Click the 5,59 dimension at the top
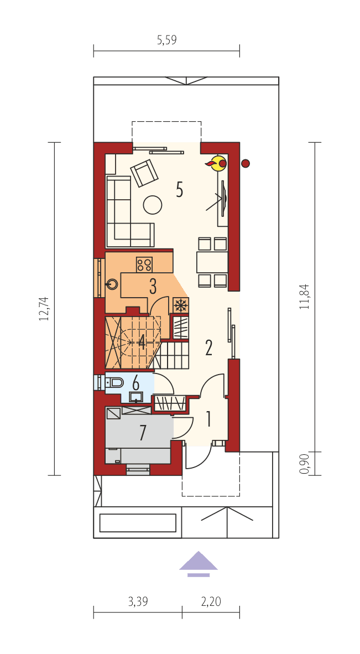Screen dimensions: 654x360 click(x=166, y=40)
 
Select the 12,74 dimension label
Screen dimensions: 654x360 click(x=44, y=309)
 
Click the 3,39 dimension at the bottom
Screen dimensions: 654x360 click(x=138, y=601)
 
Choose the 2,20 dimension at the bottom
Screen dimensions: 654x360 click(x=211, y=601)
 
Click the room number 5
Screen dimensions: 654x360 click(x=179, y=189)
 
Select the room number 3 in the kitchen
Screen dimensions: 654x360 click(x=153, y=286)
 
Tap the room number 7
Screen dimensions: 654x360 click(x=143, y=433)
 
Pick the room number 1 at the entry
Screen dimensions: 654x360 click(x=208, y=419)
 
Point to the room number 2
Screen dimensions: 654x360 click(x=208, y=347)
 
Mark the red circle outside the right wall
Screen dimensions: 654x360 click(x=246, y=163)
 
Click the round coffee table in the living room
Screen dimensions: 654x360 click(x=153, y=205)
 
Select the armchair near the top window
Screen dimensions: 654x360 click(x=144, y=173)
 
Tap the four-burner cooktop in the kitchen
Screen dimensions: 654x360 click(x=144, y=264)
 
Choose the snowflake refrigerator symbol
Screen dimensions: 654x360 click(x=181, y=305)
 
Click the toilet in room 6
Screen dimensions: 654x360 click(x=115, y=382)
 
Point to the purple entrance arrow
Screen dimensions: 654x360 click(x=199, y=562)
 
